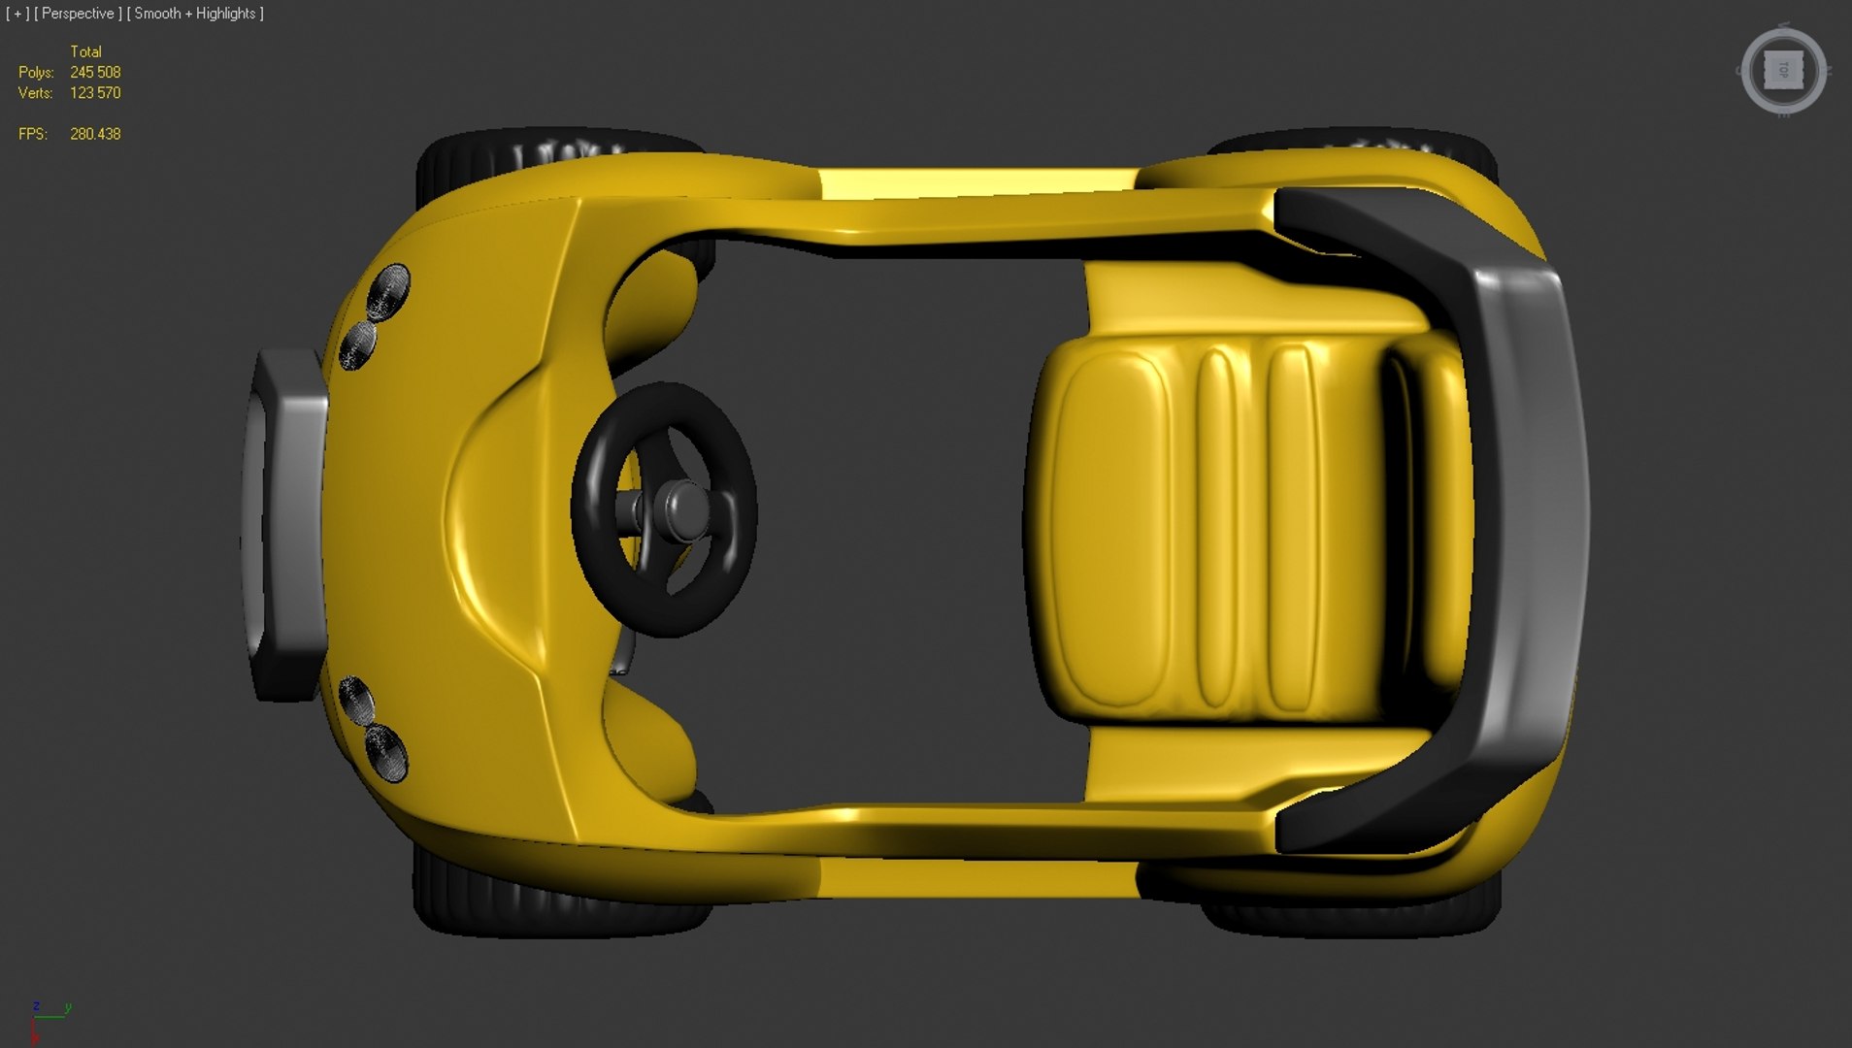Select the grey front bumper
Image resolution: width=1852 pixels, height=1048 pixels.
coord(287,524)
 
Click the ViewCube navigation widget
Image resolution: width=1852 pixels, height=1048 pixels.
coord(1783,72)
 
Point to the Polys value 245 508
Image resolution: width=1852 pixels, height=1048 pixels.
coord(95,73)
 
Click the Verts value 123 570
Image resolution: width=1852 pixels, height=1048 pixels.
coord(95,93)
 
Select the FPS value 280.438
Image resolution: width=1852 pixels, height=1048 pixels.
coord(95,134)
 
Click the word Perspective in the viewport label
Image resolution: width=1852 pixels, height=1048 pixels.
coord(78,14)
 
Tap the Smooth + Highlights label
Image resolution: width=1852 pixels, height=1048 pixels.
coord(195,14)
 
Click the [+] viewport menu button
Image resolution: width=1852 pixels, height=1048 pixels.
coord(17,14)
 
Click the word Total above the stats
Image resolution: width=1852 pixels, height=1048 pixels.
coord(85,51)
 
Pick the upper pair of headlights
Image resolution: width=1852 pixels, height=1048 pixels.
coord(376,315)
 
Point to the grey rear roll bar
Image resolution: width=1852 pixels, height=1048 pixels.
coord(1514,524)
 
